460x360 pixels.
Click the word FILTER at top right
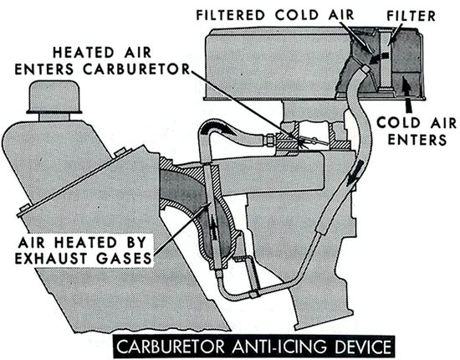pos(411,16)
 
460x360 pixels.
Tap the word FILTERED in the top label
pos(231,15)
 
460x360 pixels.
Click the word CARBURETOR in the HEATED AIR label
pos(136,69)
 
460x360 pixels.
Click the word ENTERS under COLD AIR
pos(417,140)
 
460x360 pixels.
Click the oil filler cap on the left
pos(54,97)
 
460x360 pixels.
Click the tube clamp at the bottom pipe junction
pos(253,293)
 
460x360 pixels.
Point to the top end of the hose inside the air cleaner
pos(365,68)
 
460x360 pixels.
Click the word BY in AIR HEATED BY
pos(137,242)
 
